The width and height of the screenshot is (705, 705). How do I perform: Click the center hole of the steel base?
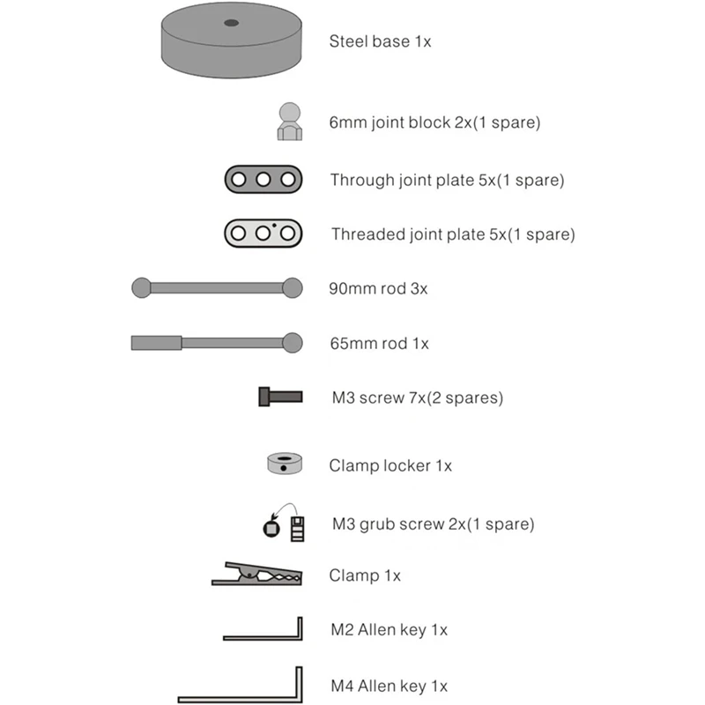click(231, 23)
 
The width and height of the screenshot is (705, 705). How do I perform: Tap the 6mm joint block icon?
click(290, 122)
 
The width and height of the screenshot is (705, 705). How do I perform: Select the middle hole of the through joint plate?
click(263, 180)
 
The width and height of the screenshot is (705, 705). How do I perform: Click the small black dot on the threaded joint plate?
click(274, 226)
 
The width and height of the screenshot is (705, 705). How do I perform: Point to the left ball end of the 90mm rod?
click(141, 288)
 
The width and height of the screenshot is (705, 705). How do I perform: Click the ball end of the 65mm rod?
click(293, 343)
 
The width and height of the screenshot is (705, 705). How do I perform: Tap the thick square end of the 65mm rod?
click(157, 343)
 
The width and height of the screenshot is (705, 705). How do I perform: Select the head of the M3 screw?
click(263, 397)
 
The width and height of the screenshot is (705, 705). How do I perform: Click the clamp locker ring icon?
click(285, 464)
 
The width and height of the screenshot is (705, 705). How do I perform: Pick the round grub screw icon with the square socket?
click(271, 529)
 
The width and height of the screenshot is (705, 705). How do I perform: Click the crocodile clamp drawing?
click(257, 575)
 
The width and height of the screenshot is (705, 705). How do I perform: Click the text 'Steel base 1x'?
click(380, 41)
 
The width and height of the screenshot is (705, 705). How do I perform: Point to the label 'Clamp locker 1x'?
click(390, 466)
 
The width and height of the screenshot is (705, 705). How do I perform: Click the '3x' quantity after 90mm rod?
click(419, 289)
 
